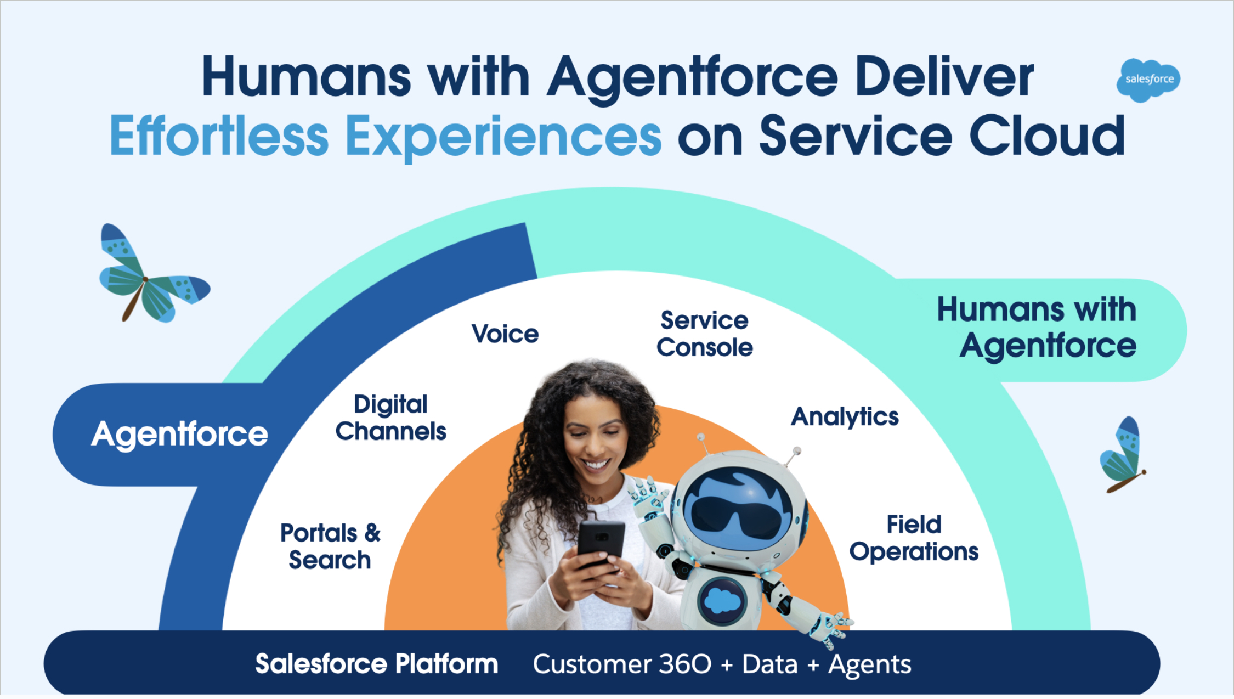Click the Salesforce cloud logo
1148,80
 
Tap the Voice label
505,334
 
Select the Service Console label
705,334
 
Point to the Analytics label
845,417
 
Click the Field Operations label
914,538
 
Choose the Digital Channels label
391,418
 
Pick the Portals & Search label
330,546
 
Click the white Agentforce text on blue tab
179,435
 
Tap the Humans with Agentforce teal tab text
1037,328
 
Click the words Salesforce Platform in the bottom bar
377,664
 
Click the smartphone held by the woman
601,543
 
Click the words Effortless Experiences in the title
386,137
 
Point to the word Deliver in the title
944,77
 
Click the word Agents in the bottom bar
870,665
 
